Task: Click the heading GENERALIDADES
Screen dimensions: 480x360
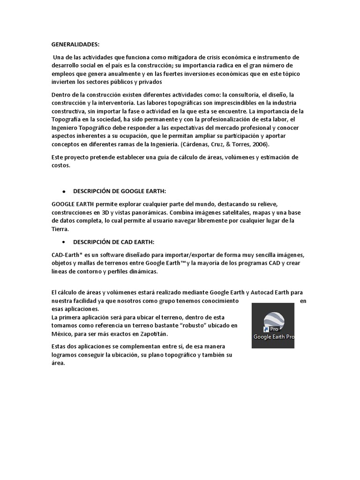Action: (75, 45)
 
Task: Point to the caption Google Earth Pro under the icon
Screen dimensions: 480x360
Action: (274, 337)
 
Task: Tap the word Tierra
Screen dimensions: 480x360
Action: (60, 229)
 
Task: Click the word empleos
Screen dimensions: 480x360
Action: (63, 74)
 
